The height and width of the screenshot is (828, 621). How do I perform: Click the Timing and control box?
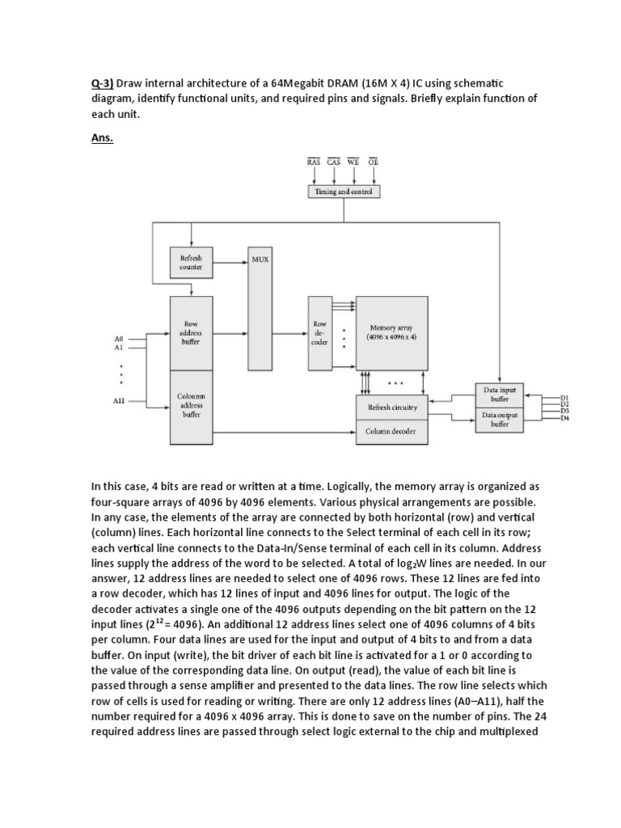[x=343, y=192]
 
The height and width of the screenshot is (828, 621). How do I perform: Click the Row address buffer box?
[x=191, y=333]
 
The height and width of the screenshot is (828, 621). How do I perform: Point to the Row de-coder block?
[x=319, y=333]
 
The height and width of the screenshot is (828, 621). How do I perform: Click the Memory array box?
[x=391, y=333]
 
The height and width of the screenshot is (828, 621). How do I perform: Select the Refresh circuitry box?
[x=391, y=408]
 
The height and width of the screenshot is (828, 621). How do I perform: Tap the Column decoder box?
[x=391, y=432]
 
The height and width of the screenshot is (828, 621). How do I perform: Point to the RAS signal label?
[x=314, y=161]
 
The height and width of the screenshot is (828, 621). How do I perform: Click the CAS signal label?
[x=333, y=161]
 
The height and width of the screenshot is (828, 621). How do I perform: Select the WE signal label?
[x=353, y=161]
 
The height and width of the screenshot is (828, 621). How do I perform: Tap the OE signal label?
[x=373, y=161]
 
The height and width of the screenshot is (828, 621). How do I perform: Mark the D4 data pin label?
[x=565, y=418]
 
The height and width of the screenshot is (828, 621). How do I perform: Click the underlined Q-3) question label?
[x=102, y=83]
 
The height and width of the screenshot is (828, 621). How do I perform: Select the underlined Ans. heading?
[x=102, y=138]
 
